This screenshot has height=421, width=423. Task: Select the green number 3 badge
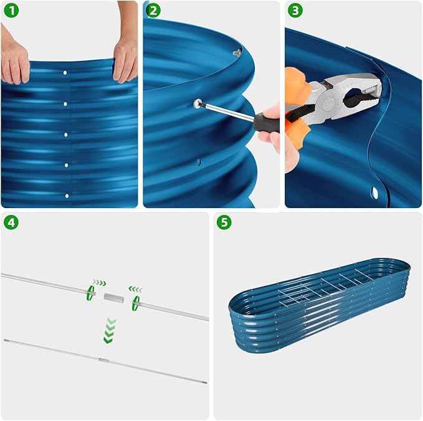coord(296,11)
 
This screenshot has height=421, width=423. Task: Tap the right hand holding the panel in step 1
coord(125,60)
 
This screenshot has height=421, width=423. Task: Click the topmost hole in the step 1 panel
coord(65,73)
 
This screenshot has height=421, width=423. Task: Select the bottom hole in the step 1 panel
coord(66,196)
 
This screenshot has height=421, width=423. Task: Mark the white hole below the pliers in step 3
coord(375,191)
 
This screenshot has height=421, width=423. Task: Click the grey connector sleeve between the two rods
coord(113,298)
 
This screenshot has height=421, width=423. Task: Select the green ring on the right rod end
coord(135,303)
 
